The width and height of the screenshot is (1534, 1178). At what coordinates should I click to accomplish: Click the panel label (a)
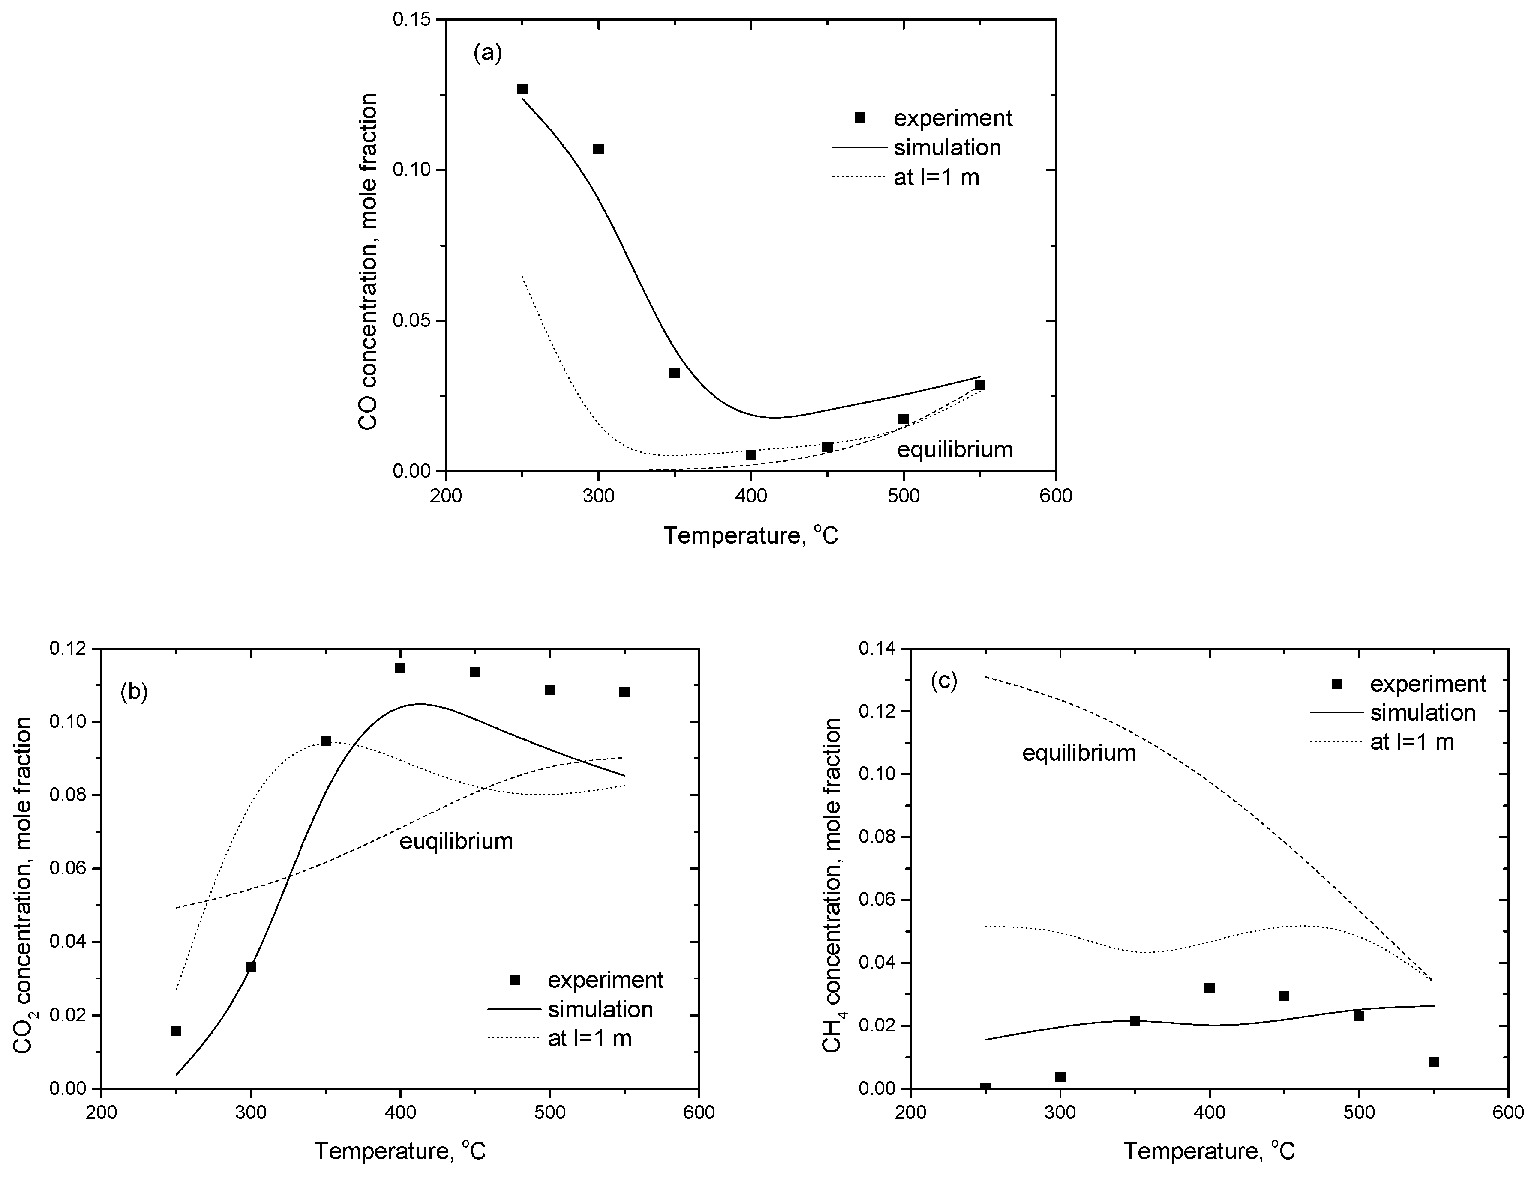click(487, 53)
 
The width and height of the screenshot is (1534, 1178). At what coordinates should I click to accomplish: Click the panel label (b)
click(134, 691)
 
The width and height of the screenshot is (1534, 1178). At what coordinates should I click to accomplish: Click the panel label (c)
click(943, 680)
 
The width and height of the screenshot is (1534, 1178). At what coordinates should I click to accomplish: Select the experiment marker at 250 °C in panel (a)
click(522, 89)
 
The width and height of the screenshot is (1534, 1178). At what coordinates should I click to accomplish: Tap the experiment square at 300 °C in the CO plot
click(598, 149)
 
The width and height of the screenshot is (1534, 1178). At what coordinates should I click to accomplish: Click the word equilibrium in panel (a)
click(955, 449)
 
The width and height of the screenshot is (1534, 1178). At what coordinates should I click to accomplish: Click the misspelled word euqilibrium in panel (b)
click(456, 841)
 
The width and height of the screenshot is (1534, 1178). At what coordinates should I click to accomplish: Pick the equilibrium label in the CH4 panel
click(1079, 753)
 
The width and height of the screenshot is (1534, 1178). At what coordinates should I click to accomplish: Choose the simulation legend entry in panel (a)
click(947, 147)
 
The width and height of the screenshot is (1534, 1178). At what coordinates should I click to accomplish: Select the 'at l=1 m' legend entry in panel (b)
click(589, 1038)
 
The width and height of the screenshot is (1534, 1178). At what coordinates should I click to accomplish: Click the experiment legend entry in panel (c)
click(1427, 684)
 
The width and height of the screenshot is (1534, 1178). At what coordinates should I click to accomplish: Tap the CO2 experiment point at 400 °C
click(400, 668)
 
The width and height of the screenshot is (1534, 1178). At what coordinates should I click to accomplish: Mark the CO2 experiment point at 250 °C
click(176, 1031)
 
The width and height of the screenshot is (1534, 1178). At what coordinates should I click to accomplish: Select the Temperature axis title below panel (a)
click(750, 536)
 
